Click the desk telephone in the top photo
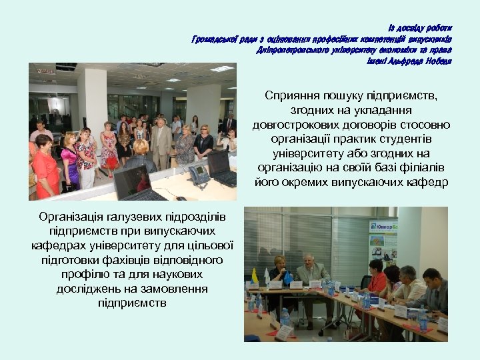pyautogui.click(x=199, y=175)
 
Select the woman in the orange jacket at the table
pyautogui.click(x=377, y=280)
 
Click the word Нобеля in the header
pyautogui.click(x=437, y=61)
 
